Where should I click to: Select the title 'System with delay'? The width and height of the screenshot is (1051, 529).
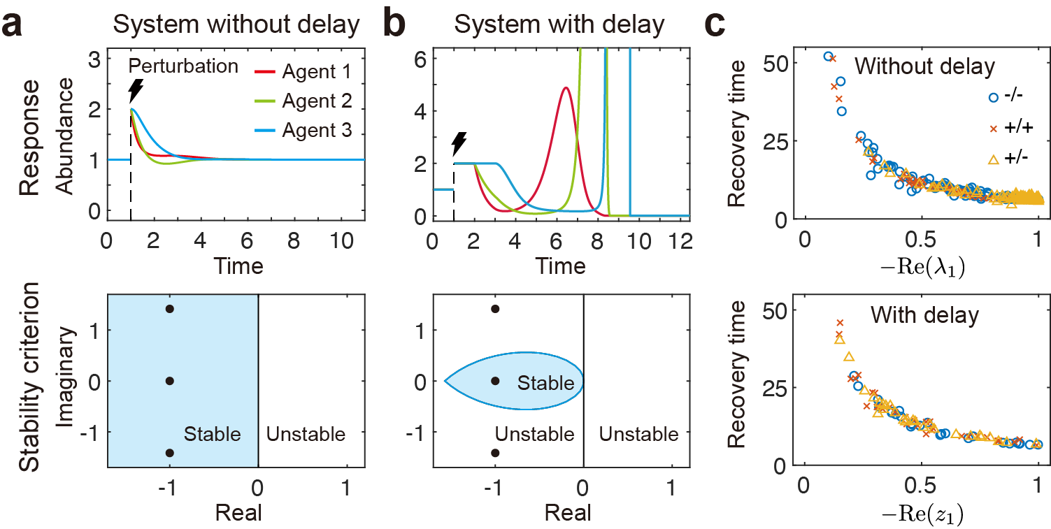click(x=558, y=25)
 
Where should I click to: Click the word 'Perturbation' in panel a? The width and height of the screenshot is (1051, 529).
click(x=183, y=67)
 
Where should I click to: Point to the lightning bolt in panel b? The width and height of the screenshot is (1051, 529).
click(x=459, y=144)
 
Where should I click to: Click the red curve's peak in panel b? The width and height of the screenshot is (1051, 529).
click(x=566, y=88)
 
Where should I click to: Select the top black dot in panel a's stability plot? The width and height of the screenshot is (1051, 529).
click(x=170, y=309)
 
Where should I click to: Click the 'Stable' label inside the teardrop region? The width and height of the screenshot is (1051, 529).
click(x=545, y=383)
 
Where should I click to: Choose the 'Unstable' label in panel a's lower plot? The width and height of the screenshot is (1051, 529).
click(x=306, y=434)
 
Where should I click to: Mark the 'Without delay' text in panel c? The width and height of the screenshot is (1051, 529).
click(x=924, y=67)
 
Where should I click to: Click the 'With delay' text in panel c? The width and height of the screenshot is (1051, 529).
click(x=924, y=315)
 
